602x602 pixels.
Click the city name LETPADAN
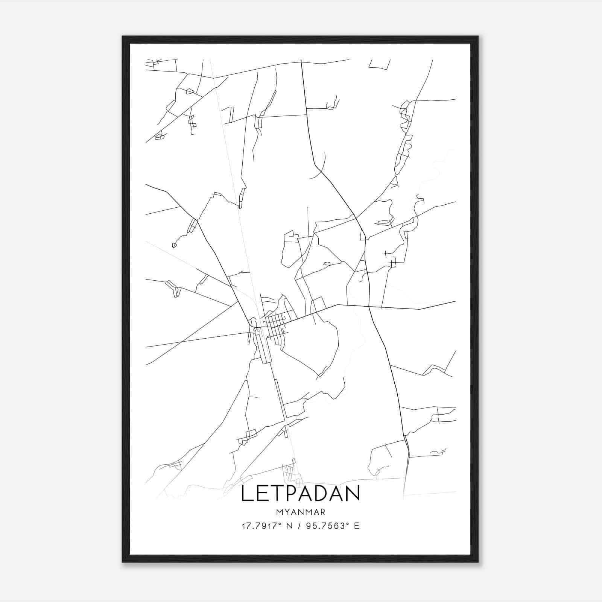[x=300, y=494]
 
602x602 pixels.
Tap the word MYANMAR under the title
[x=300, y=512]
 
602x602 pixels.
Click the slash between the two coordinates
[x=299, y=526]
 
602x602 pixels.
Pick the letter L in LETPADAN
[x=246, y=494]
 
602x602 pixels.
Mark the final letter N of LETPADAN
[x=353, y=494]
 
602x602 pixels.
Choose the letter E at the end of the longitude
[x=357, y=526]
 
